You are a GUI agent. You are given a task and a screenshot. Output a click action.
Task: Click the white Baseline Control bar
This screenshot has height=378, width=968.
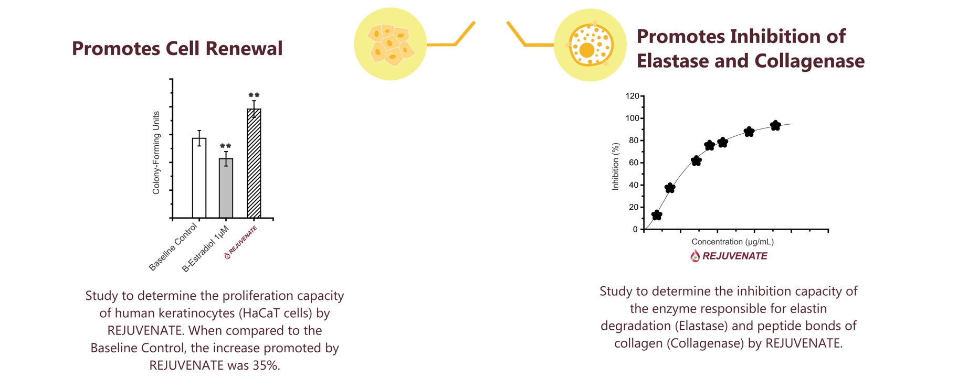(x=199, y=178)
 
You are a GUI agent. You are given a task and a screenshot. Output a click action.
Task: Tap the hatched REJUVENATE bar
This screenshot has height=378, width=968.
(x=254, y=163)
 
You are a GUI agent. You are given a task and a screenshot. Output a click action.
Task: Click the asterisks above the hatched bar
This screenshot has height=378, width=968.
(x=254, y=95)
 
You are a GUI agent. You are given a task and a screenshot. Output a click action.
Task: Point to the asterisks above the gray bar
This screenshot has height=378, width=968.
(x=226, y=146)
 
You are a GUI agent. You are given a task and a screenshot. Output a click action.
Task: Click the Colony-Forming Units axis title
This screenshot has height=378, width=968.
(x=156, y=153)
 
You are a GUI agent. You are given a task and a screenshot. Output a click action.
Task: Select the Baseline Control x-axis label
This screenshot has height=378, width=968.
(x=173, y=247)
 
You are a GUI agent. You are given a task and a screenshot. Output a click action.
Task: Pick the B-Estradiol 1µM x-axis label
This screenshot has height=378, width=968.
(x=205, y=249)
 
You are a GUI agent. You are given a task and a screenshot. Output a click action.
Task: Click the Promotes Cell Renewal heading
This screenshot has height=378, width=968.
(x=177, y=49)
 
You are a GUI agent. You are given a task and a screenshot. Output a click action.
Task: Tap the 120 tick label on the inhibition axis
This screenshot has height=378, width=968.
(x=632, y=96)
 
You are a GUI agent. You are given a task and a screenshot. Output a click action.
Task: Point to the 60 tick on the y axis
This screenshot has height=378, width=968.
(x=634, y=163)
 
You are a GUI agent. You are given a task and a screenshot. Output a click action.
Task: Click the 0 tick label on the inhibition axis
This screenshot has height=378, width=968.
(x=635, y=229)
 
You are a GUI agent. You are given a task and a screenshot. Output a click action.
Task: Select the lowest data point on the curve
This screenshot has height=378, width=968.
(x=657, y=215)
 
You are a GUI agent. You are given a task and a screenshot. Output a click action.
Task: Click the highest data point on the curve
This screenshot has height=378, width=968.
(x=775, y=125)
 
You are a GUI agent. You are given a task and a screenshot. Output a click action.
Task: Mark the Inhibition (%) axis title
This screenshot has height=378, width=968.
(x=616, y=166)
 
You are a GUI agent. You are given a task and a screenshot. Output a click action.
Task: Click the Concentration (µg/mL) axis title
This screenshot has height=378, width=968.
(x=732, y=242)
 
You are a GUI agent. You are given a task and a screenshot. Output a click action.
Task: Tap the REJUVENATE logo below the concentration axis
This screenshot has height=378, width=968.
(x=729, y=256)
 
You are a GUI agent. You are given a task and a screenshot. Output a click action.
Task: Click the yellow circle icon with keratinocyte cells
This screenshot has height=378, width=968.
(x=390, y=44)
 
